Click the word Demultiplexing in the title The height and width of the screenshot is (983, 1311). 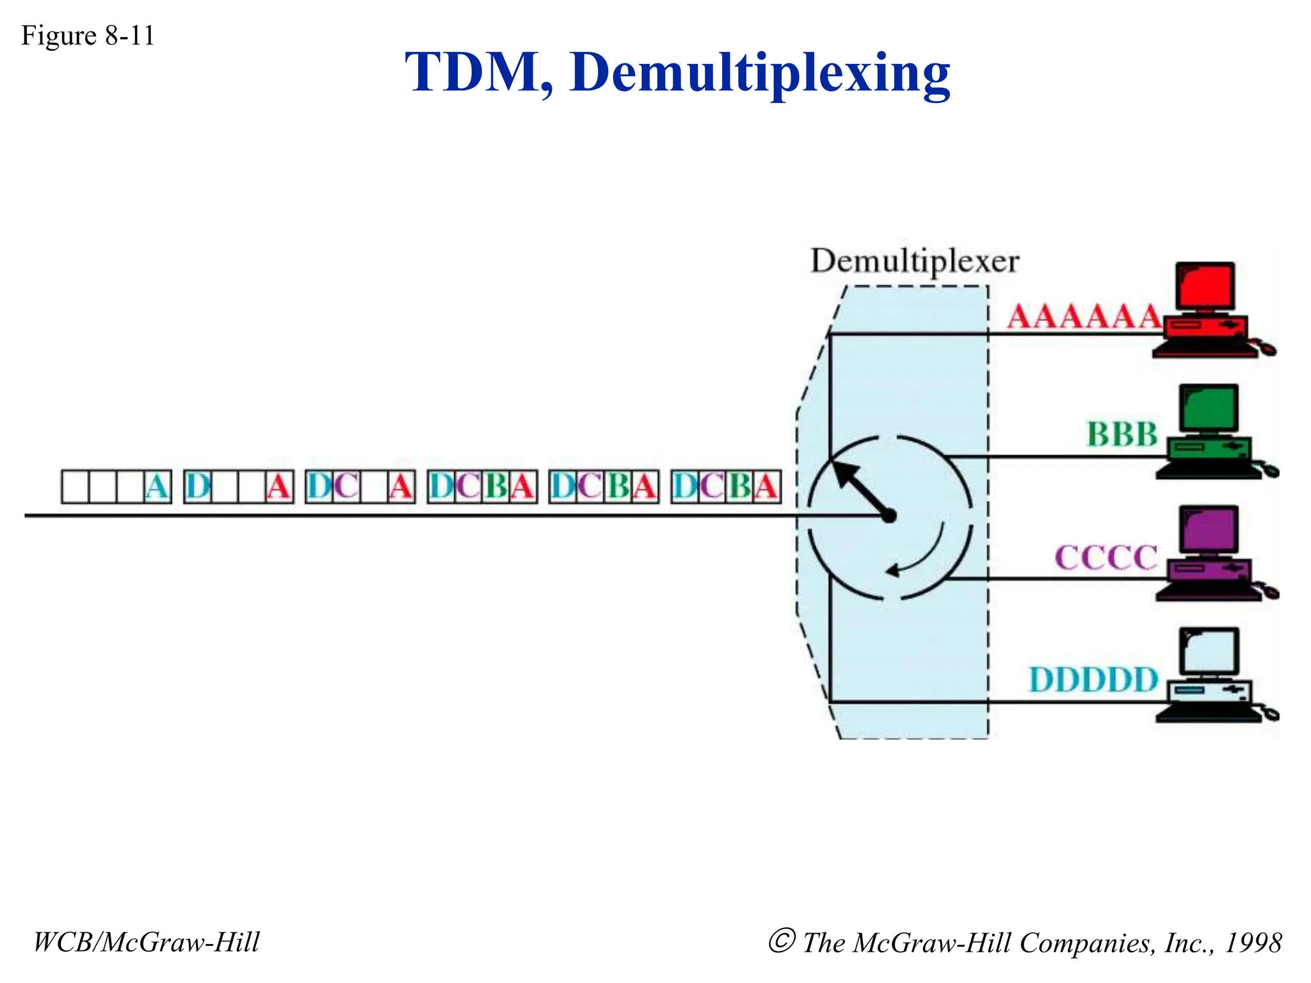point(759,73)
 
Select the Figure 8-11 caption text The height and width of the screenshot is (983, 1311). point(88,35)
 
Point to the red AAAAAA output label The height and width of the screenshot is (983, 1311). point(1083,316)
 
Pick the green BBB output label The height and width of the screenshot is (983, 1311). point(1122,435)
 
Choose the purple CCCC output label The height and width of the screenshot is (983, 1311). point(1106,557)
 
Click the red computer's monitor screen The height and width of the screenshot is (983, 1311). point(1205,286)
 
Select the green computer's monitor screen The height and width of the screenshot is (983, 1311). point(1209,408)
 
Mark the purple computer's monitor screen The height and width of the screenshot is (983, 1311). point(1209,530)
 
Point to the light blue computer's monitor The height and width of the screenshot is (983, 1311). point(1209,651)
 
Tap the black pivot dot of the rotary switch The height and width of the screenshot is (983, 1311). point(889,516)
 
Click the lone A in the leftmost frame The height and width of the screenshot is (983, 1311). point(157,487)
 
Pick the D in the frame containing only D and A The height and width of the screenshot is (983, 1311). point(198,487)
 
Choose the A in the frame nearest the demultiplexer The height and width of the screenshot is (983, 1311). point(766,487)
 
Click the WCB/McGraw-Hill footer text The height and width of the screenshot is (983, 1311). point(147,942)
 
